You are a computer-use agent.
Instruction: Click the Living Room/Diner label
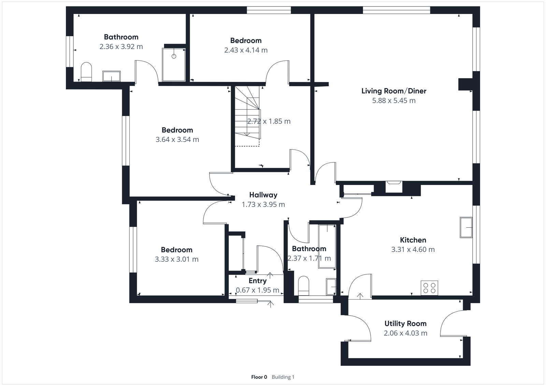click(x=394, y=91)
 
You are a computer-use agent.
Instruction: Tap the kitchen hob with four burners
click(x=429, y=287)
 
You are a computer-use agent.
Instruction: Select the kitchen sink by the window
click(x=466, y=227)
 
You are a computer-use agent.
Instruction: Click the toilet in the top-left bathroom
click(x=86, y=72)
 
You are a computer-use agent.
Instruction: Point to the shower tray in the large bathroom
click(x=174, y=65)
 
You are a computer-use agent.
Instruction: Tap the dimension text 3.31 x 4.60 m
click(x=413, y=249)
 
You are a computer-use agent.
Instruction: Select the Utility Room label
click(x=405, y=324)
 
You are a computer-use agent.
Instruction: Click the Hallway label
click(x=263, y=195)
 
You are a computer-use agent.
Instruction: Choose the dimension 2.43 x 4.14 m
click(x=246, y=50)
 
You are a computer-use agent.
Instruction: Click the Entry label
click(x=257, y=281)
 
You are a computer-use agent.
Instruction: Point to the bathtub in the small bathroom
click(x=327, y=246)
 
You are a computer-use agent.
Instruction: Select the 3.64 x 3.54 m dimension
click(x=177, y=140)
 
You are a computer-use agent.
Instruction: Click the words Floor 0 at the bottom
click(x=259, y=377)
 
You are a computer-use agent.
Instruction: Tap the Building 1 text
click(x=283, y=377)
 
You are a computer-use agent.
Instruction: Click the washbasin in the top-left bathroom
click(x=111, y=76)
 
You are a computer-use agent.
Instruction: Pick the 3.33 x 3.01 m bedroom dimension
click(x=176, y=259)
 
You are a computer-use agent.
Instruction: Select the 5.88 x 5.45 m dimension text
click(x=394, y=101)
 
